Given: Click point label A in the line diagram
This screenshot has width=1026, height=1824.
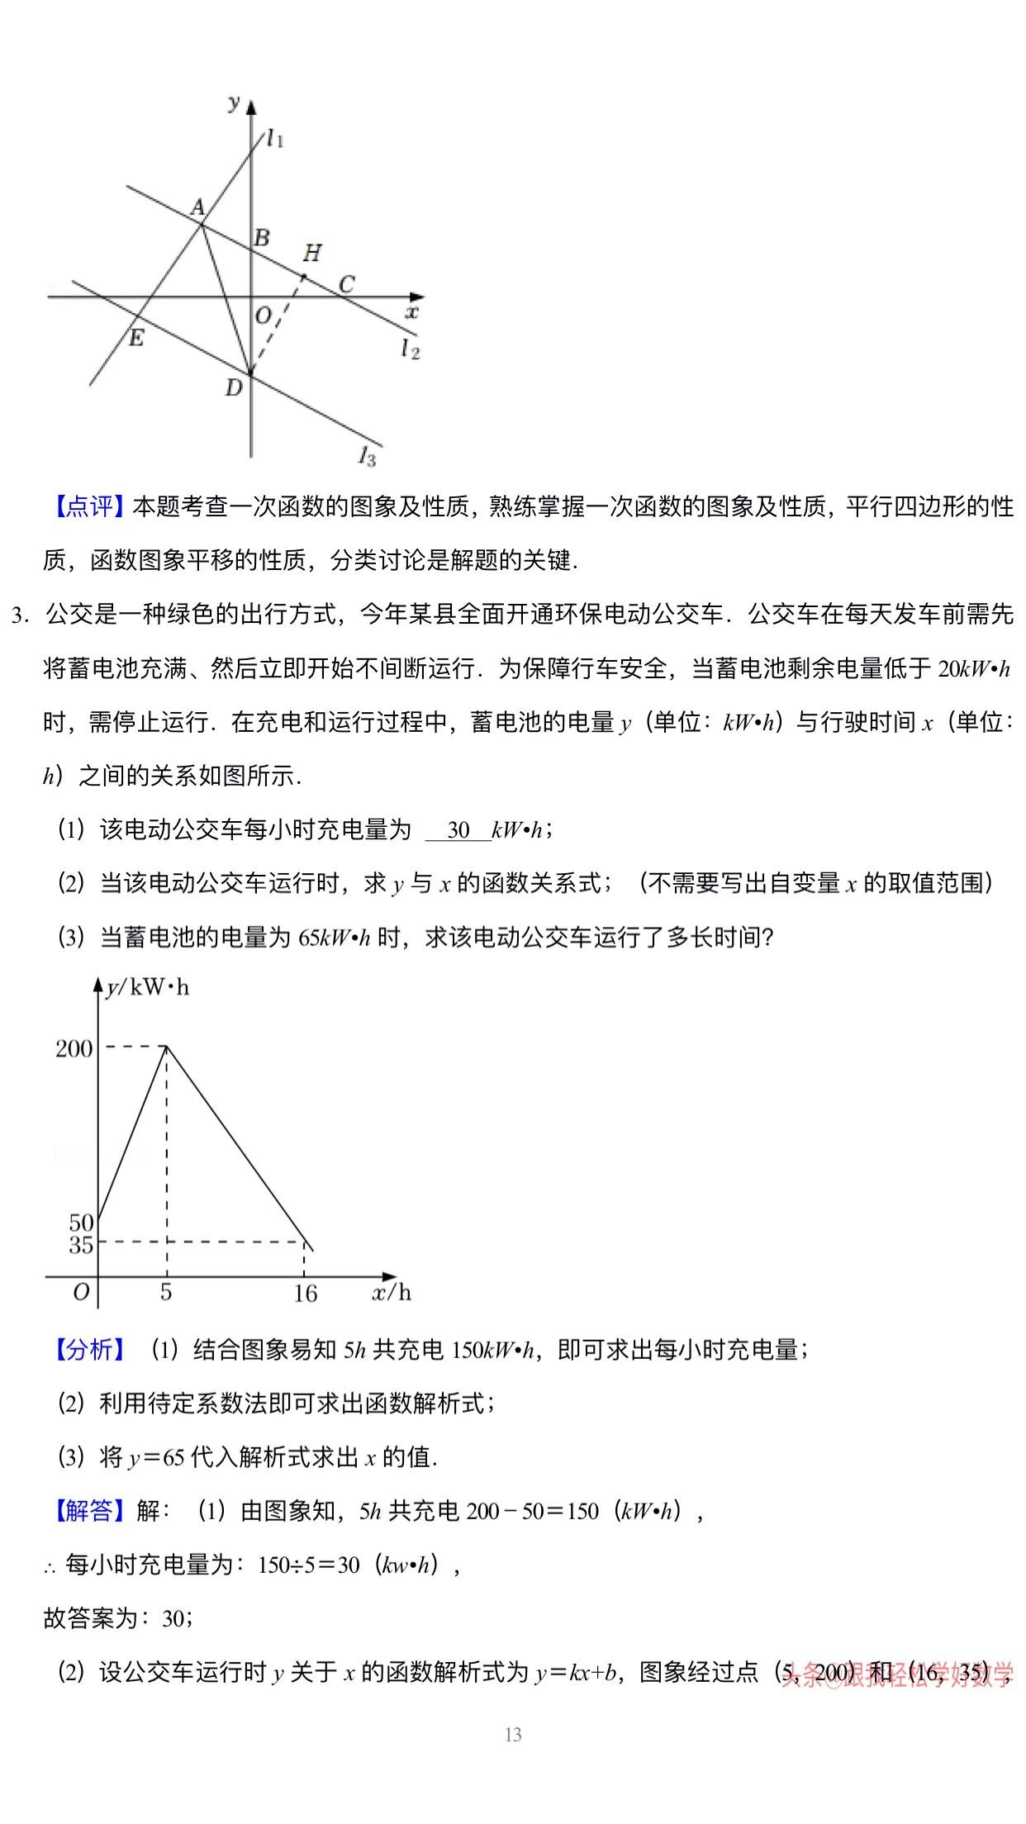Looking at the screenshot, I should pos(197,207).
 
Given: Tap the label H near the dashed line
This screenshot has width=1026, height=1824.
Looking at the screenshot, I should pos(311,253).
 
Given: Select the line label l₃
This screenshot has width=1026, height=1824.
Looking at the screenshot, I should pos(368,455).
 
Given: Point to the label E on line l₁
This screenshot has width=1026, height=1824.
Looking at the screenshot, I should pos(136,337).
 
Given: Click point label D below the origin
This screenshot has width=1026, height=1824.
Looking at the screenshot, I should pos(234,387).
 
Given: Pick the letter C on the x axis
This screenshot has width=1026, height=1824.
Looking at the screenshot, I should pos(346,284).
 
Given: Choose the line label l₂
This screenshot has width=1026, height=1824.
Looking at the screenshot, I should pos(411,349).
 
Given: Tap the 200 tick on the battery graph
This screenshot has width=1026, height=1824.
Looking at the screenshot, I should pos(74,1048).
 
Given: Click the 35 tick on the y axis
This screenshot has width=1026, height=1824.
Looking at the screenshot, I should pos(81,1245).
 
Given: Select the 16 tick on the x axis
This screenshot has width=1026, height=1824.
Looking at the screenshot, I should pos(305,1293).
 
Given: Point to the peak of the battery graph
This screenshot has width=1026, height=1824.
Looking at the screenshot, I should pos(167,1046).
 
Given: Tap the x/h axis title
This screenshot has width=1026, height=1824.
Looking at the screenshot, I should pos(391,1292).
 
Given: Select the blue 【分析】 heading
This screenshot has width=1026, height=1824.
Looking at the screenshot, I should pos(88,1350).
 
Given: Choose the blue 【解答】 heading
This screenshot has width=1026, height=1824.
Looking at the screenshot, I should pos(88,1511).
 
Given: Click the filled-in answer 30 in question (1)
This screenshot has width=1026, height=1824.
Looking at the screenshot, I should pos(458,829).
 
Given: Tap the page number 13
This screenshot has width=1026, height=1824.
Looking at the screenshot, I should pos(513,1735).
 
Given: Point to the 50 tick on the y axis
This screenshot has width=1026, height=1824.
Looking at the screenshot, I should pos(81,1223).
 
